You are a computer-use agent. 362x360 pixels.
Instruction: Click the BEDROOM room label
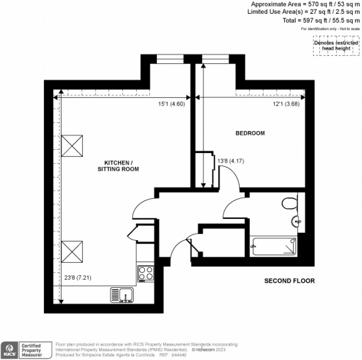(250, 133)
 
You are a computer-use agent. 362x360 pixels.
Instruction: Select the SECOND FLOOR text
(289, 281)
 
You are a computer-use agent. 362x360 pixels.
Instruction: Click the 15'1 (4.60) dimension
(171, 104)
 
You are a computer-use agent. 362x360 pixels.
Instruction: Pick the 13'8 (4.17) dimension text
(230, 161)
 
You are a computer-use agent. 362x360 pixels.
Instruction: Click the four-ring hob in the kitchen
(146, 273)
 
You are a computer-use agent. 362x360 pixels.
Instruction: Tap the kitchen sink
(122, 295)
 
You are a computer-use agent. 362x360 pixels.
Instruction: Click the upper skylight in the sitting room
(72, 145)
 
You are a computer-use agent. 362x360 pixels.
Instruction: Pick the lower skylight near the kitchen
(72, 251)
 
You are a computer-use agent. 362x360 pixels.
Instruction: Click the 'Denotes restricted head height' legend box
(335, 46)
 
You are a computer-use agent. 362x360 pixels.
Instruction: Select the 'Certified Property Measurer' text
(32, 350)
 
